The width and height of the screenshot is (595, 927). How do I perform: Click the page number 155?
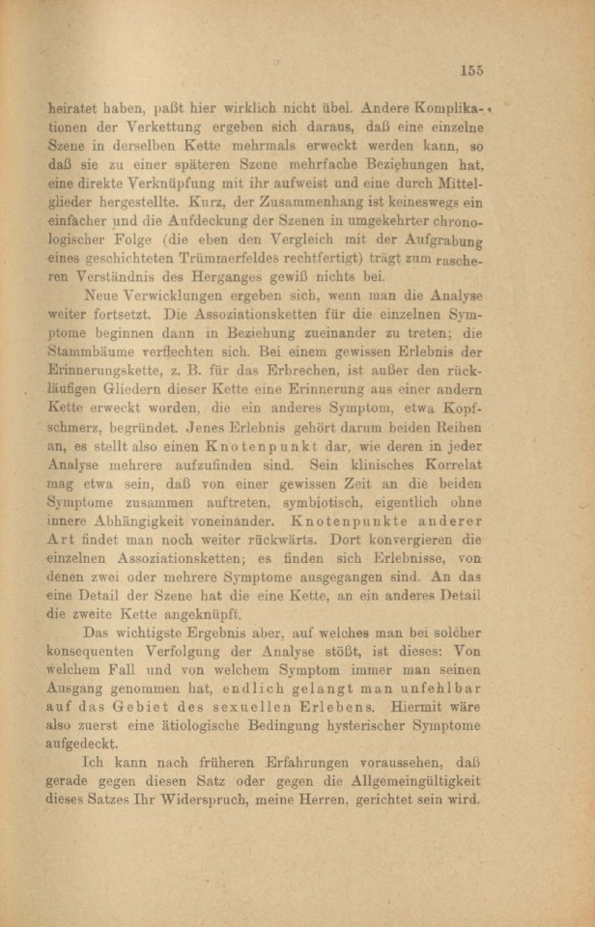click(471, 69)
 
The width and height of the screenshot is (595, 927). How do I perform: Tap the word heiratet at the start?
click(74, 110)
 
